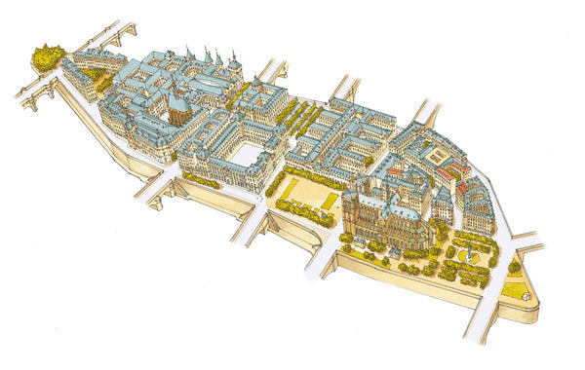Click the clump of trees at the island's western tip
click(47, 58)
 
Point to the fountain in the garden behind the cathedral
click(469, 254)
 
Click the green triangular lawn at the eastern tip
click(515, 289)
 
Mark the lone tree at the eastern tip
click(514, 266)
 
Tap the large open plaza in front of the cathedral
click(309, 195)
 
